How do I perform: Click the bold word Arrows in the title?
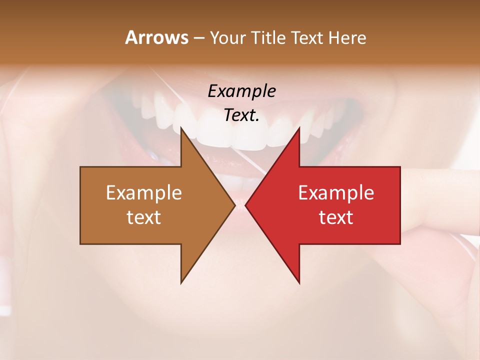point(156,37)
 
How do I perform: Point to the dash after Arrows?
point(198,38)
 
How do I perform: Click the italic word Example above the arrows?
point(242,91)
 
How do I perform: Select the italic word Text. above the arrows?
point(242,115)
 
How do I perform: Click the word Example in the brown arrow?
point(144,192)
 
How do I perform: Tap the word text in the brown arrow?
point(144,217)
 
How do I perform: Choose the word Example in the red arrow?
point(336,192)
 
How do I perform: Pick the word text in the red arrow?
point(336,217)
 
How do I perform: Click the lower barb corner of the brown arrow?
point(181,282)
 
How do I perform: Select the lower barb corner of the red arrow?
point(299,282)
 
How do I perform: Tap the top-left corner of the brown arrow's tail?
point(81,167)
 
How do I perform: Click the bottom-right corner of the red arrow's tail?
point(399,243)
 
